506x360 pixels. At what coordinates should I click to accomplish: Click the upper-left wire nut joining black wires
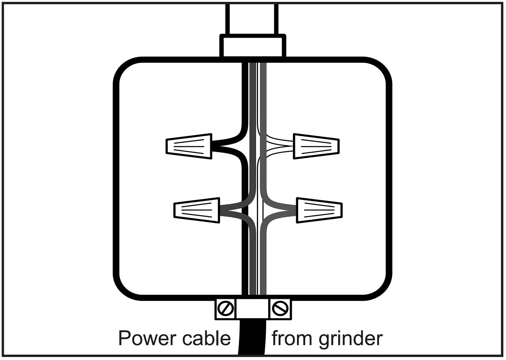click(189, 146)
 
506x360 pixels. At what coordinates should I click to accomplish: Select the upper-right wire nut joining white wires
click(316, 146)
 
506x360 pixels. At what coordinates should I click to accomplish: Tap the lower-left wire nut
click(197, 210)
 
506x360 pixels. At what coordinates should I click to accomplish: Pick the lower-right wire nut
click(319, 210)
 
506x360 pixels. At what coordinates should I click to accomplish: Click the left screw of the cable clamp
click(225, 309)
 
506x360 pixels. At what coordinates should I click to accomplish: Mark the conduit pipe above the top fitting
click(252, 18)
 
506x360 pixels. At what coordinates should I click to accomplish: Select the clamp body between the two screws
click(252, 309)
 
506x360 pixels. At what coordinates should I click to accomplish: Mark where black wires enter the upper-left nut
click(217, 146)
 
